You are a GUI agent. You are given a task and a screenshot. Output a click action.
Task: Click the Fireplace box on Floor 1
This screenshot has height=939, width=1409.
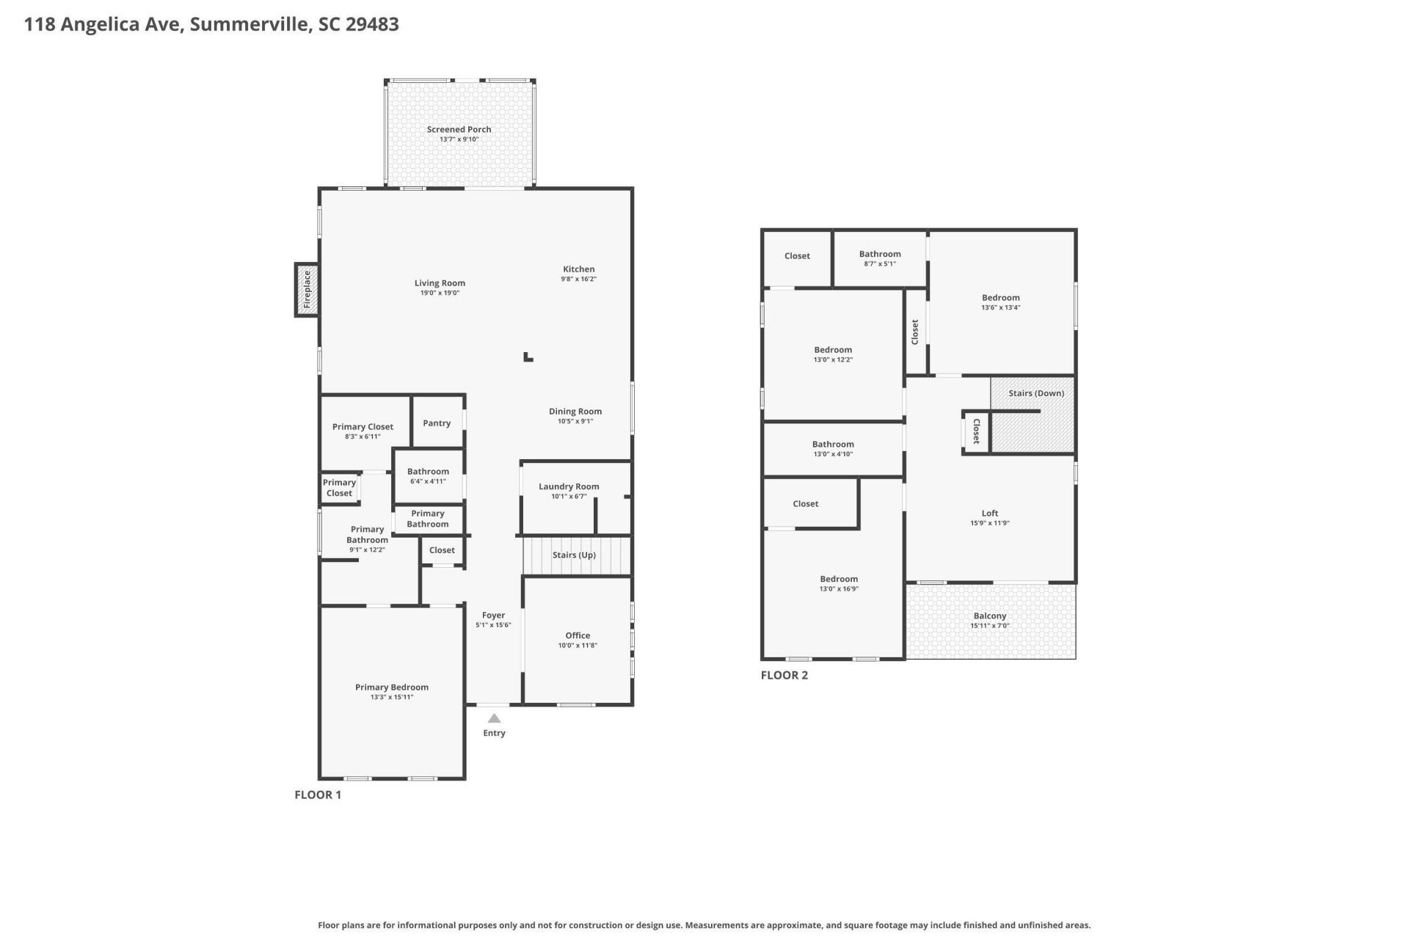(307, 290)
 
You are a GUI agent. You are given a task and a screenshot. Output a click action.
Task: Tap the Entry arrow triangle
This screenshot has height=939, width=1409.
(494, 718)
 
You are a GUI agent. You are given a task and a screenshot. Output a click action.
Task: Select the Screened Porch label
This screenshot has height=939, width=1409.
(459, 129)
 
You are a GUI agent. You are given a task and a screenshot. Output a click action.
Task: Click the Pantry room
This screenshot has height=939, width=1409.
(437, 423)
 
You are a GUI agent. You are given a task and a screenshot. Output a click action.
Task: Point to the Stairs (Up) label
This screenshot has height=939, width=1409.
(574, 555)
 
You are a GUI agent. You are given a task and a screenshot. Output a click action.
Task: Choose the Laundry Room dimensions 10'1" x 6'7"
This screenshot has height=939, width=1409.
(569, 497)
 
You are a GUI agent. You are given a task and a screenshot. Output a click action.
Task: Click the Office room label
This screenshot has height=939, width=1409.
(578, 635)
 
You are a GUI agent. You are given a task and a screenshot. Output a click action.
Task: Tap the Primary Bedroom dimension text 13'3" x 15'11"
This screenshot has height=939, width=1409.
(392, 697)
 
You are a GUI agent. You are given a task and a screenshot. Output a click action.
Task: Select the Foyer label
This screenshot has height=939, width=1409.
(493, 615)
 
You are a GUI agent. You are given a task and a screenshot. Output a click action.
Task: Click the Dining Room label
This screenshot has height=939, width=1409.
(575, 412)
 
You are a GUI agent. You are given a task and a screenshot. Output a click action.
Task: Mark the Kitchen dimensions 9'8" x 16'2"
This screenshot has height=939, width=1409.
(578, 279)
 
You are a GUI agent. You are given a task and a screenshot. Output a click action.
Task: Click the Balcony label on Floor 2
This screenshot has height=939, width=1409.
(990, 615)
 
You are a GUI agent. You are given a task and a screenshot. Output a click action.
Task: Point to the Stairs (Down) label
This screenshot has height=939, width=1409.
(1035, 393)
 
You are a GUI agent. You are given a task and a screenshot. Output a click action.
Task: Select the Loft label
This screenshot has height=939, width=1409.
(990, 514)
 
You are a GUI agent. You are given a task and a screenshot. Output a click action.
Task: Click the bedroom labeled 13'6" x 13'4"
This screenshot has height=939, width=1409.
(1000, 302)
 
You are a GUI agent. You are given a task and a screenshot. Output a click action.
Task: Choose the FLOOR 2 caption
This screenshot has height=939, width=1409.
(784, 675)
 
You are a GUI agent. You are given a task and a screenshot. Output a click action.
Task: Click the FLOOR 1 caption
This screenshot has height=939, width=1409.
(318, 794)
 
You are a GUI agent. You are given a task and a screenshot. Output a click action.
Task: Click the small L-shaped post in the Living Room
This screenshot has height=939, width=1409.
(528, 357)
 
